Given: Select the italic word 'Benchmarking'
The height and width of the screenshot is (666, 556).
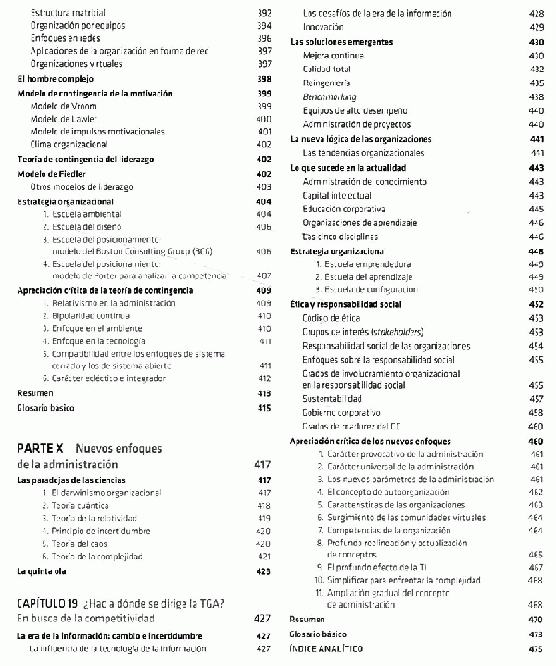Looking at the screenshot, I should pyautogui.click(x=330, y=96).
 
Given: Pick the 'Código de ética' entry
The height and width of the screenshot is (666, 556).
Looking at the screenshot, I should pyautogui.click(x=332, y=317).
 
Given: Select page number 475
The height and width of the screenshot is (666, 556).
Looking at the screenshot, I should pyautogui.click(x=535, y=649).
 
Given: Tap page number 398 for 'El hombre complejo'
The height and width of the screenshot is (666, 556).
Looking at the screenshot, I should pyautogui.click(x=263, y=79).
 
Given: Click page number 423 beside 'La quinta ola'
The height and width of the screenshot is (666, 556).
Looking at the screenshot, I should pyautogui.click(x=263, y=571).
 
